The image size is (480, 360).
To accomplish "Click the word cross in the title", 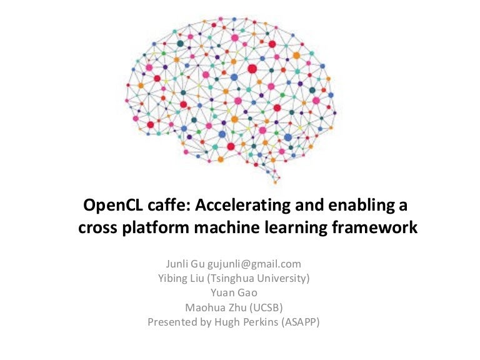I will pos(99,229).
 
